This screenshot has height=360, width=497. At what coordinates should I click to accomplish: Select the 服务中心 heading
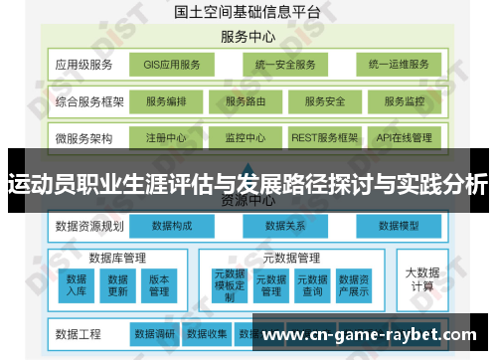click(x=248, y=38)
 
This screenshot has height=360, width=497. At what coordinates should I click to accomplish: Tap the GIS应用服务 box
click(x=172, y=65)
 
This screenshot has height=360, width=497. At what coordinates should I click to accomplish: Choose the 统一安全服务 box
click(x=284, y=65)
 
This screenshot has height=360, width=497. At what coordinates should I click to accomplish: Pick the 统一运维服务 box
click(x=398, y=65)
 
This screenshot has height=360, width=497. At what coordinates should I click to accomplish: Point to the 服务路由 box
click(x=246, y=101)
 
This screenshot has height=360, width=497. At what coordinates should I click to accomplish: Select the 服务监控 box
click(x=405, y=101)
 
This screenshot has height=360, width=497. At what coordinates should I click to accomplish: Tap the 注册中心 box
click(x=165, y=137)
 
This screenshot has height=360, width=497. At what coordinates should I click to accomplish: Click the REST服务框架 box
click(x=324, y=137)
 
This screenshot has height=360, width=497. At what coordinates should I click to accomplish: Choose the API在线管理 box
click(x=405, y=137)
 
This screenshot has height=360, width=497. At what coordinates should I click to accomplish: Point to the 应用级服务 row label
click(x=84, y=65)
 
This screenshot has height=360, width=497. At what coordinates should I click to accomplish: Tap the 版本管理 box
click(x=158, y=285)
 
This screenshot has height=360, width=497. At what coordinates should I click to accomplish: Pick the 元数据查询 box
click(x=311, y=285)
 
